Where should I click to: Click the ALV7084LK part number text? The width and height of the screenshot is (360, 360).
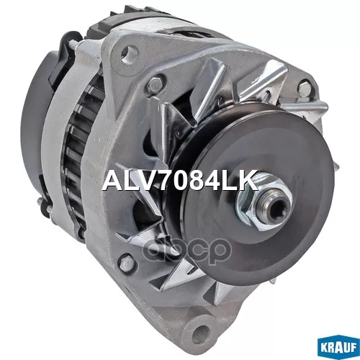tap(180, 181)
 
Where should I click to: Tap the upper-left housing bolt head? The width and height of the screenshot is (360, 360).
tap(156, 83)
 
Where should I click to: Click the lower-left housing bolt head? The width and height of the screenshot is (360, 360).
tap(125, 264)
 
